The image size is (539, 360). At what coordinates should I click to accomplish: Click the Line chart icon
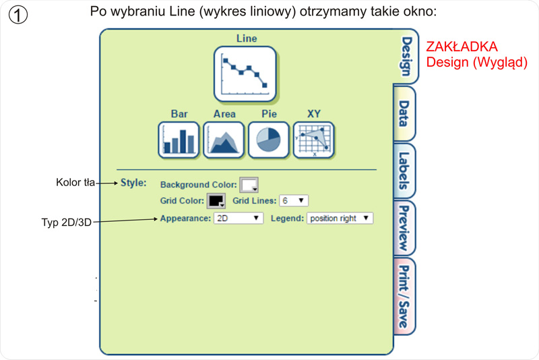[245, 73]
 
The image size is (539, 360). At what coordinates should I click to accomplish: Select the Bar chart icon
[179, 140]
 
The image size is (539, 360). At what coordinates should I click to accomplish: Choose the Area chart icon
[224, 140]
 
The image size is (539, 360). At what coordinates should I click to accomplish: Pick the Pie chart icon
[269, 140]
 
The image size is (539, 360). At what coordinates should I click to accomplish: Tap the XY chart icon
[314, 140]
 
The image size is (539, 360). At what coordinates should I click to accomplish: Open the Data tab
[404, 114]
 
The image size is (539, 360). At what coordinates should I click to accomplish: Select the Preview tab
[404, 228]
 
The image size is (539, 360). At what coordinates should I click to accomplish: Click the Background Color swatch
[249, 185]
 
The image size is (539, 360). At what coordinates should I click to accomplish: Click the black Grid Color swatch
[216, 201]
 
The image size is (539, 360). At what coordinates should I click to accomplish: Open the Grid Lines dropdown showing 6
[293, 201]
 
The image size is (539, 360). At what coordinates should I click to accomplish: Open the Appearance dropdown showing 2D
[238, 218]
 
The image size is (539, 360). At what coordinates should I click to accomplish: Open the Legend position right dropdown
[340, 218]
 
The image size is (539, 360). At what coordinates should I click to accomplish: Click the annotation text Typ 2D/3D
[66, 222]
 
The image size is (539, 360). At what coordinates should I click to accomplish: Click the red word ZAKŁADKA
[462, 47]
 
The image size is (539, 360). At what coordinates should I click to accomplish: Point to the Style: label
[133, 183]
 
